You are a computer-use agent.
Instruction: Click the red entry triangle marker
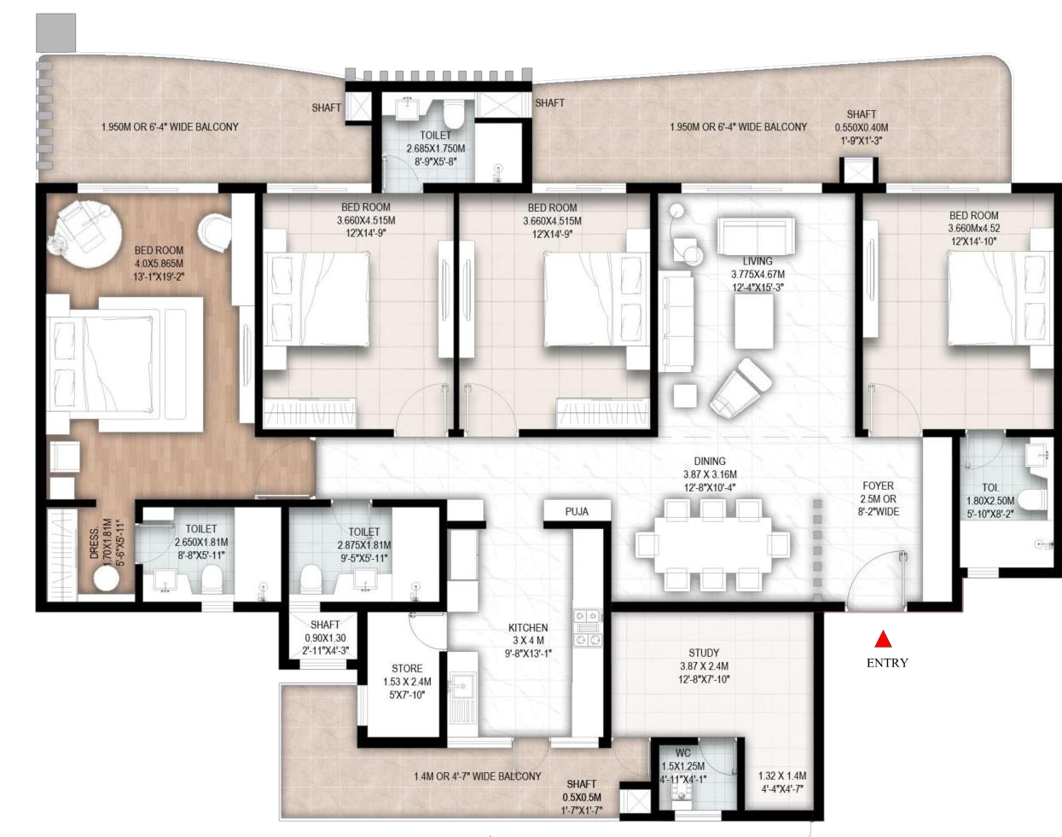883,639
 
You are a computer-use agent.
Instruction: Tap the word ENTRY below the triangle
887,663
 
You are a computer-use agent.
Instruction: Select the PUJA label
577,512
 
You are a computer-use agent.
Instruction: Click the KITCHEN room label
528,628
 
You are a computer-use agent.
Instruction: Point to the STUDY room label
704,653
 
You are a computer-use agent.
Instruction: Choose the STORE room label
407,668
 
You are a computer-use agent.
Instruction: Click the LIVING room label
757,261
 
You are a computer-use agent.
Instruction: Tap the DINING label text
710,461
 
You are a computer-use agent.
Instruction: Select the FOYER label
878,485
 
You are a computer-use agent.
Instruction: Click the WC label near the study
683,753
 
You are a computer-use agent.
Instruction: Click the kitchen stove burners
588,628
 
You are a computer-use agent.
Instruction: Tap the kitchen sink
461,688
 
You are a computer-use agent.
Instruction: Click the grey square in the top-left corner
55,32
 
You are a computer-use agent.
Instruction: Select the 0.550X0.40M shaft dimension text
862,127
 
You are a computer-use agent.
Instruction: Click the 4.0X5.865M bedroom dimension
159,263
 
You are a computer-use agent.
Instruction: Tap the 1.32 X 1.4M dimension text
782,776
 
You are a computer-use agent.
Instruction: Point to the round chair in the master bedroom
215,233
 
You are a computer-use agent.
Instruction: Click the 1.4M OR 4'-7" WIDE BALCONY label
477,776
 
